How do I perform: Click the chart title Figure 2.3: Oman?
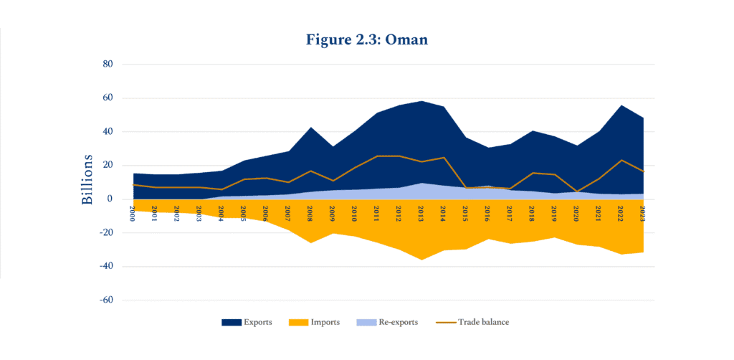tap(366, 39)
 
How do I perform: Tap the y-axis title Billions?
tap(87, 179)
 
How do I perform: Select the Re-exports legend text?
tap(395, 323)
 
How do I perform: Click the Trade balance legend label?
tap(485, 323)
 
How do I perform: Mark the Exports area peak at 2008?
tap(310, 128)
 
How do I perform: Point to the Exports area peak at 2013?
tap(421, 101)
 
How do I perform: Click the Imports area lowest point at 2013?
tap(421, 259)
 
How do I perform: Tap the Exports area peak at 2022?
tap(621, 105)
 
